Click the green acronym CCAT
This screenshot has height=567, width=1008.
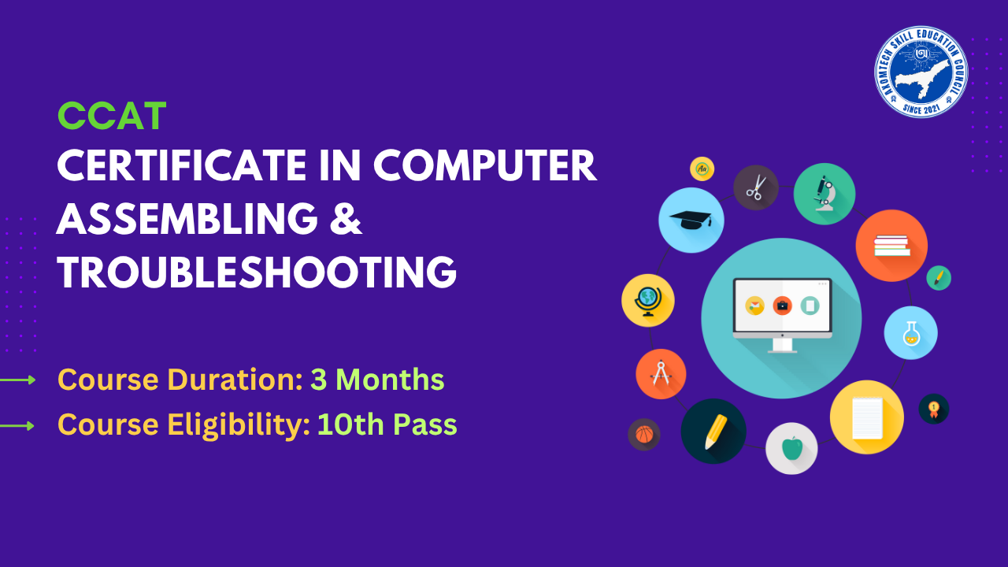pyautogui.click(x=112, y=117)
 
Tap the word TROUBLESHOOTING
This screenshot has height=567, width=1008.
pyautogui.click(x=257, y=272)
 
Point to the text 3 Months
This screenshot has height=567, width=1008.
pyautogui.click(x=377, y=380)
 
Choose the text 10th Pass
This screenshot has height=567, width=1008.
pyautogui.click(x=387, y=425)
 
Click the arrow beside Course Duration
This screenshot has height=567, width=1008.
pyautogui.click(x=18, y=380)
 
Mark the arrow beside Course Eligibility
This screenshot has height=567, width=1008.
pyautogui.click(x=18, y=426)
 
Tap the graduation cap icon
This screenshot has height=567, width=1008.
pyautogui.click(x=691, y=220)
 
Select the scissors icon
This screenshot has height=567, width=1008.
pyautogui.click(x=756, y=187)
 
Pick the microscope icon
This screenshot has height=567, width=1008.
pyautogui.click(x=825, y=193)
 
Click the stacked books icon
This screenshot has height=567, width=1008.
pyautogui.click(x=891, y=246)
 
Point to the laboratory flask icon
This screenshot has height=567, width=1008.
pyautogui.click(x=910, y=332)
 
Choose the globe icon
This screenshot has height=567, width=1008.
pyautogui.click(x=647, y=300)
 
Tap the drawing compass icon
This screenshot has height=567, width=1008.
pyautogui.click(x=661, y=374)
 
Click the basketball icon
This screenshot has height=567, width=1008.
pyautogui.click(x=643, y=434)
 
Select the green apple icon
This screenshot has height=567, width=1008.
pyautogui.click(x=791, y=448)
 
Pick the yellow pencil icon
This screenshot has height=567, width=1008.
pyautogui.click(x=714, y=431)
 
